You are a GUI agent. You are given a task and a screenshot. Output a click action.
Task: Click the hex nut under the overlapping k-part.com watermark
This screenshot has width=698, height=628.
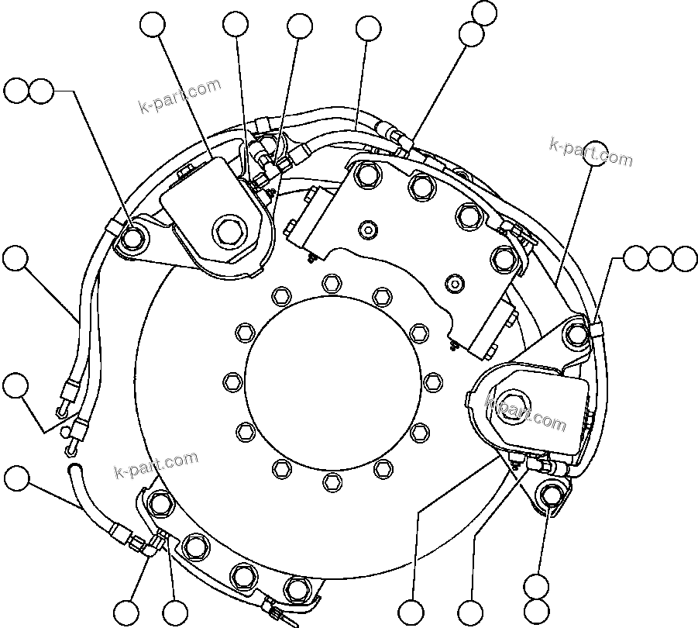(x=507, y=404)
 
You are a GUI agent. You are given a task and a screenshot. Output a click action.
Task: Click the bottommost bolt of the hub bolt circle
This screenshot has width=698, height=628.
(x=331, y=482)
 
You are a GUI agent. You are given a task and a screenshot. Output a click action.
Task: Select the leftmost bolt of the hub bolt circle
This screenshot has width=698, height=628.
(x=231, y=381)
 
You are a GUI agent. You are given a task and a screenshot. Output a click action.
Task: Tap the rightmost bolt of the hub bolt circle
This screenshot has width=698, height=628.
(x=432, y=381)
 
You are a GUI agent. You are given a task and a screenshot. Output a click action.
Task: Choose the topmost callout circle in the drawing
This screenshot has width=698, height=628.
(x=484, y=12)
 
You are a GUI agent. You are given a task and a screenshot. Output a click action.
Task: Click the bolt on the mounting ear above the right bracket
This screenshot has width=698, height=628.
(x=577, y=334)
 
